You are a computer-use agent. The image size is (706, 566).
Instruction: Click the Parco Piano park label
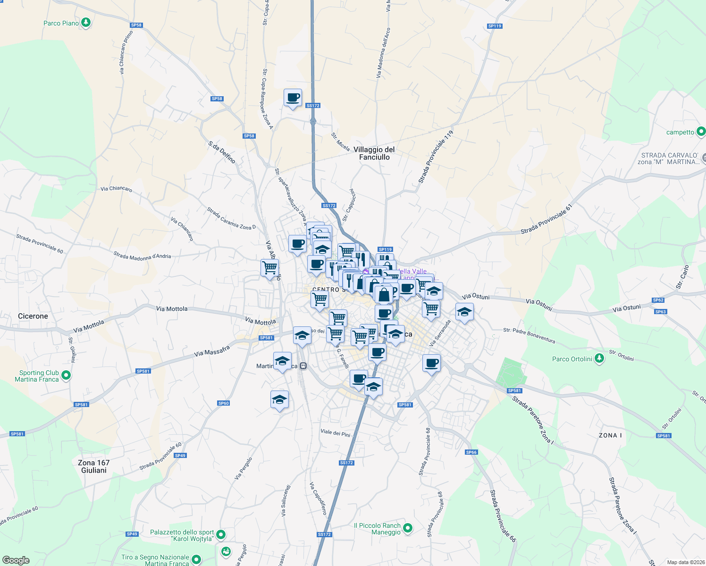point(61,23)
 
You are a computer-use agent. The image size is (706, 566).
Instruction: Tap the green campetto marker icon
point(701,132)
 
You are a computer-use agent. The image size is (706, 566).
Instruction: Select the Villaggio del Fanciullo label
point(374,153)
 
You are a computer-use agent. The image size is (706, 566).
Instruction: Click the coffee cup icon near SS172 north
point(293,98)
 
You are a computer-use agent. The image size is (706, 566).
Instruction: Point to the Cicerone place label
point(33,316)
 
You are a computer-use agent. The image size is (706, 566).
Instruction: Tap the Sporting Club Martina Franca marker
point(66,375)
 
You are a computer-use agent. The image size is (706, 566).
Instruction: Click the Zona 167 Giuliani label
point(94,466)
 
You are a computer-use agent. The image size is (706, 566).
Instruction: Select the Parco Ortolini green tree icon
point(599,358)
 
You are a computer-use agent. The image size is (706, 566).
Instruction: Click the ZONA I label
point(610,435)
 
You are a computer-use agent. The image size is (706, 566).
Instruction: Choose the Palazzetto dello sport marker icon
point(220,535)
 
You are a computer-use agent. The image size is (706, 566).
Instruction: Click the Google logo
point(16,560)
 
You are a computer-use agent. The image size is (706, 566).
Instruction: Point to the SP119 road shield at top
point(495,26)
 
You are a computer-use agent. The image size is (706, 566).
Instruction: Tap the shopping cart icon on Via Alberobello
point(269,268)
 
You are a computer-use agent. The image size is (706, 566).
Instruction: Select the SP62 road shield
point(658,300)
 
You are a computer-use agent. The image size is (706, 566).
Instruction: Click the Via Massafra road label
point(212,351)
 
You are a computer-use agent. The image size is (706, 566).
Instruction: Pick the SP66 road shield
point(471,452)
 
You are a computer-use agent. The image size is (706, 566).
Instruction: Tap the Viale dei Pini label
point(336,433)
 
